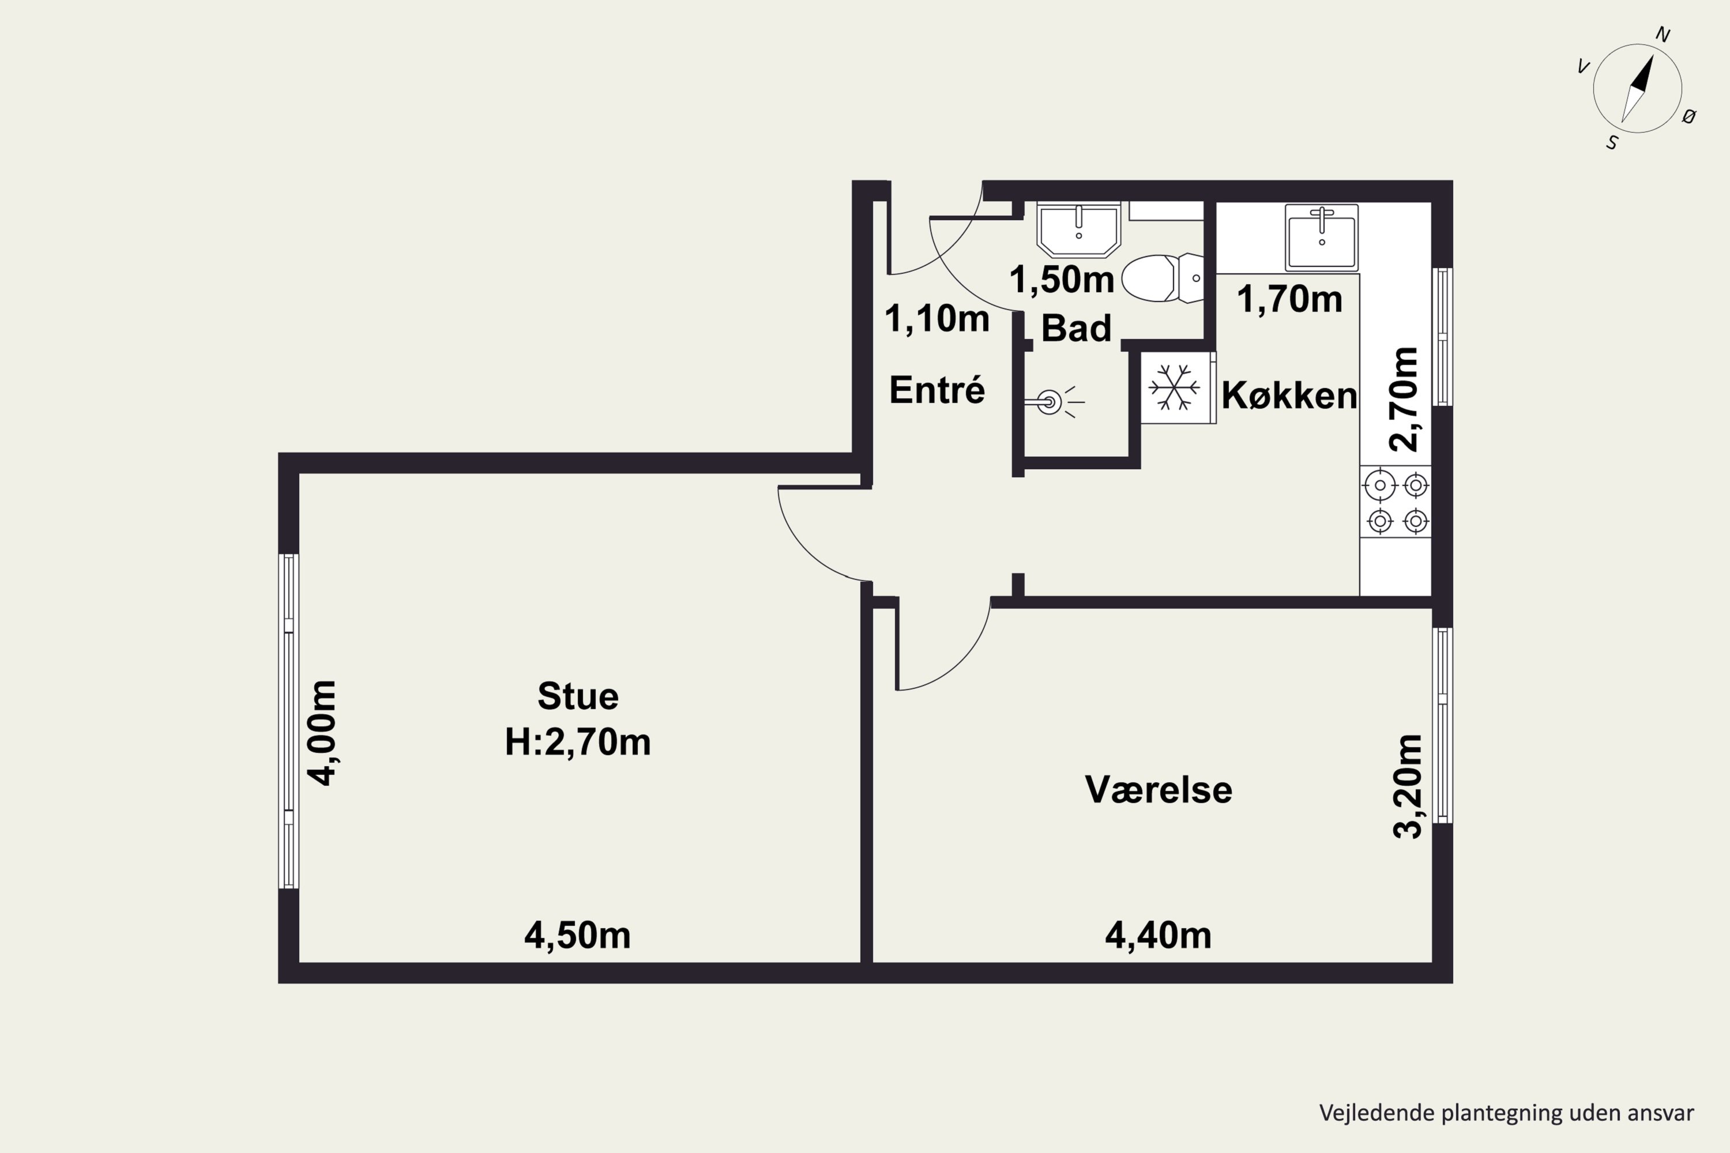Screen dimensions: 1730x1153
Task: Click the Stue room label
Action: coord(578,696)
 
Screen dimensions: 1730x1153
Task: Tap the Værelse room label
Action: coord(1159,790)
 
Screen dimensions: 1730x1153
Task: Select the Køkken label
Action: coord(1289,395)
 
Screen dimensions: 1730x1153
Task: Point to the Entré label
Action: coord(937,389)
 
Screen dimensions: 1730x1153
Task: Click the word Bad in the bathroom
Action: coord(1076,328)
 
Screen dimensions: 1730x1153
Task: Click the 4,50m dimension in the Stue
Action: coord(577,935)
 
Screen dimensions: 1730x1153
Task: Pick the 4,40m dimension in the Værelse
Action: coord(1159,935)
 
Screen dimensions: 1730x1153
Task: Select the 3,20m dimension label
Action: coord(1408,786)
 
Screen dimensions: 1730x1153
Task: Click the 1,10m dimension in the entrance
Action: coord(937,318)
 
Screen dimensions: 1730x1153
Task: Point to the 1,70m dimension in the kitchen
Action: coord(1289,299)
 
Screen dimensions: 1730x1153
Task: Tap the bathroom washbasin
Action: coord(1078,229)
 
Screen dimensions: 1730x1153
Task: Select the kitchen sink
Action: coord(1322,238)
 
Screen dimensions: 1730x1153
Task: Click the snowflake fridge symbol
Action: coord(1175,387)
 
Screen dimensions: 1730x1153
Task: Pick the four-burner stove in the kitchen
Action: coord(1396,503)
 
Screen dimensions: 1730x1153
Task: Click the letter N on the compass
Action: coord(1663,35)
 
